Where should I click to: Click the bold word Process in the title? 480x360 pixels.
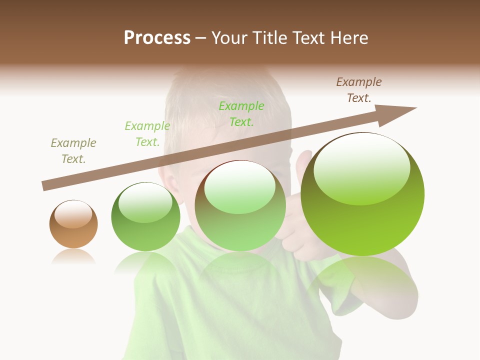(x=157, y=38)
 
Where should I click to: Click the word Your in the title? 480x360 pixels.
(x=230, y=38)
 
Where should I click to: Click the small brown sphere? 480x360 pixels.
(x=73, y=224)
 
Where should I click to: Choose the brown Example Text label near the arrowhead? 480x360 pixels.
(x=359, y=90)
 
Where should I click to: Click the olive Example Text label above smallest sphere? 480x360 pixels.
(x=73, y=151)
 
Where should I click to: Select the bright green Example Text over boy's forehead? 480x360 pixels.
(x=241, y=114)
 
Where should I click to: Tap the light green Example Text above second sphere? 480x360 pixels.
(x=147, y=134)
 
